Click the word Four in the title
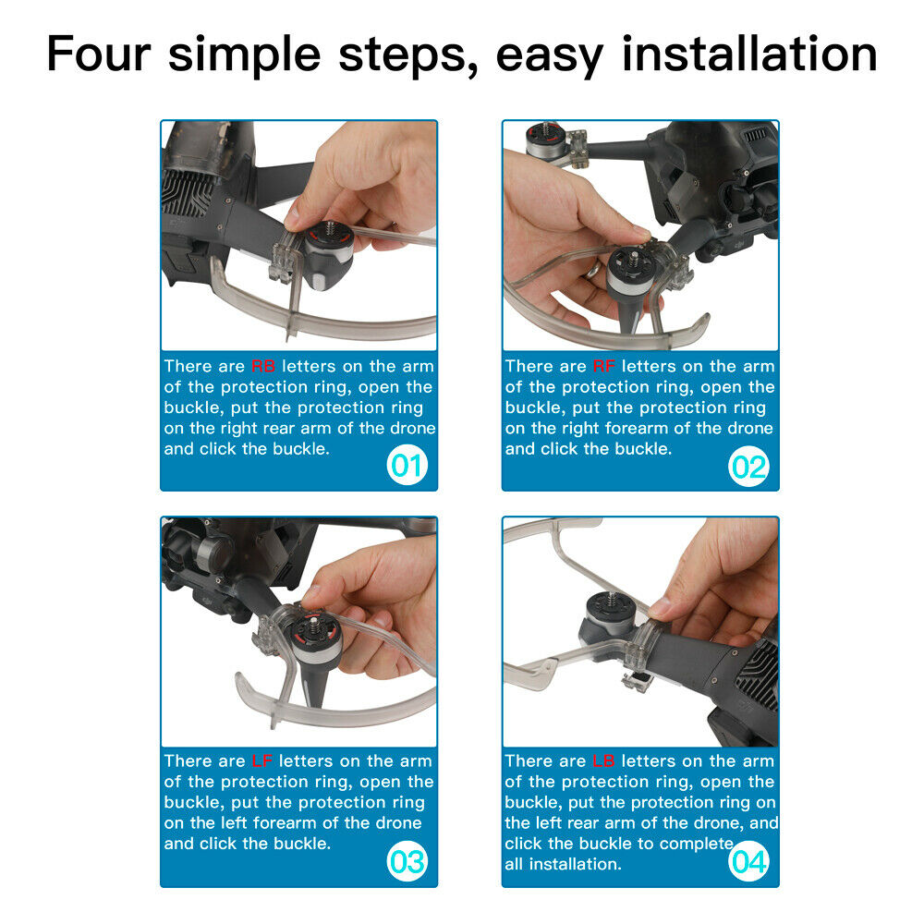(x=99, y=55)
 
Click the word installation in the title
(x=749, y=55)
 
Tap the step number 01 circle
(x=407, y=466)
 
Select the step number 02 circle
(x=748, y=467)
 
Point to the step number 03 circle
(x=407, y=861)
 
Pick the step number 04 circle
(x=748, y=861)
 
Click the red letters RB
(x=262, y=366)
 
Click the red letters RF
(x=604, y=366)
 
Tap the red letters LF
(x=261, y=760)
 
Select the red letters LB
(x=603, y=760)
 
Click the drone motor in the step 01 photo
(x=328, y=255)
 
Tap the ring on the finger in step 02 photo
(x=592, y=271)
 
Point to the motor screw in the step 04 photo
(x=612, y=601)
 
